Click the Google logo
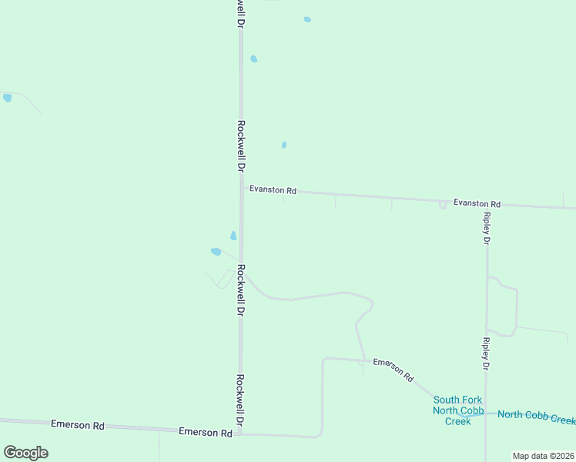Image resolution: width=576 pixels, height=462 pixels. [25, 452]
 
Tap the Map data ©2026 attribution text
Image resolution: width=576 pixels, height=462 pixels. [543, 456]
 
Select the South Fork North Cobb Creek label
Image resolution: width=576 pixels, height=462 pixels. [458, 410]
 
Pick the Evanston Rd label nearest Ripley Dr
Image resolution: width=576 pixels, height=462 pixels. [477, 203]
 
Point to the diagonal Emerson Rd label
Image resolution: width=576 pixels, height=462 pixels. [393, 370]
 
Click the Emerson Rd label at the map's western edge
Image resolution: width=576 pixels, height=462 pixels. [77, 425]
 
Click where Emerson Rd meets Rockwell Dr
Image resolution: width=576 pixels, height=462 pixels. [240, 434]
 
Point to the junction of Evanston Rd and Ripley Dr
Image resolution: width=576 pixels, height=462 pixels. [486, 204]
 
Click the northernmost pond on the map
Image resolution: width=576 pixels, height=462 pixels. [307, 19]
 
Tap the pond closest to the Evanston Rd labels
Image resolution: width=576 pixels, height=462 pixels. [284, 145]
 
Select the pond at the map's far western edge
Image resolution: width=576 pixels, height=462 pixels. [7, 98]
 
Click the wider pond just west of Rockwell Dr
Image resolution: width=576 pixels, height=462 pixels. [216, 251]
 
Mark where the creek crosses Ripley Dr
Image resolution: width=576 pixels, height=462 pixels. [486, 413]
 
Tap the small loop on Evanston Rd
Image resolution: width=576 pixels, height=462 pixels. [442, 205]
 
